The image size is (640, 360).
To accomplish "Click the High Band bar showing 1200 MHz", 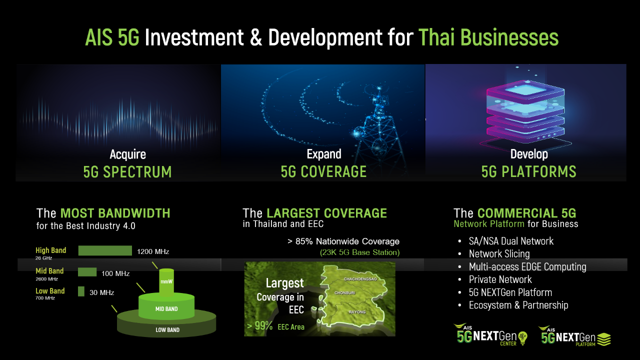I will click(x=105, y=250).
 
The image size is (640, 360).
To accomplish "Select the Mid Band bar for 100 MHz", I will click(x=87, y=271).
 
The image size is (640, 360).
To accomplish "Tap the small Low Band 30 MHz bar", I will click(x=81, y=291).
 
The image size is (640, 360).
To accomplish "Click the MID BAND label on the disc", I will click(x=166, y=309).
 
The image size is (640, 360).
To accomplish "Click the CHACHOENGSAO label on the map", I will click(x=360, y=278).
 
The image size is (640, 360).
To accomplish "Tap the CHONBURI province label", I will click(x=344, y=292).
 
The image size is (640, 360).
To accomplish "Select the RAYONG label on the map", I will click(x=357, y=312).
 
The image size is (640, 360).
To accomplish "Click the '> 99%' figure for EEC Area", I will click(x=260, y=326).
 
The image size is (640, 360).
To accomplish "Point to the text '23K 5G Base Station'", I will click(x=359, y=252).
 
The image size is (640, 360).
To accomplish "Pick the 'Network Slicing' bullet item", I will click(x=499, y=254).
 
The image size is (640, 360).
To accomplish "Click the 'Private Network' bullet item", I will click(x=500, y=279).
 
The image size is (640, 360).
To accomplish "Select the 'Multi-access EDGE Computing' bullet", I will click(x=527, y=267).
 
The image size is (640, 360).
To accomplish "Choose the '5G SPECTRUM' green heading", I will click(x=127, y=172).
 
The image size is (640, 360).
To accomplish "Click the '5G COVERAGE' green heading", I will click(x=323, y=172).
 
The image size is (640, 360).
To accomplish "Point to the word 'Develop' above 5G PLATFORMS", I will click(x=529, y=154).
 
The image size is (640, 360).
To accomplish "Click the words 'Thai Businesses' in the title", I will click(x=488, y=38).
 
